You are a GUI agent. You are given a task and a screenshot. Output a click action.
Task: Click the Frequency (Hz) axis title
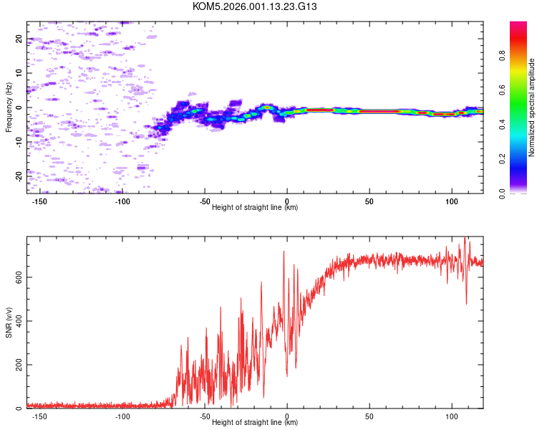pyautogui.click(x=9, y=107)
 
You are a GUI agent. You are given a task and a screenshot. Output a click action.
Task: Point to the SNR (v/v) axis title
pyautogui.click(x=9, y=322)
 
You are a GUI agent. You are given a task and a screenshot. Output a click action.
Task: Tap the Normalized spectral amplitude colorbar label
pyautogui.click(x=532, y=107)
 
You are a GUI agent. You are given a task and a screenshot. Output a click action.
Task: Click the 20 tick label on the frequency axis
pyautogui.click(x=19, y=39)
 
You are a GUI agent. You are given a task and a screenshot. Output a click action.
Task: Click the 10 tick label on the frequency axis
pyautogui.click(x=19, y=73)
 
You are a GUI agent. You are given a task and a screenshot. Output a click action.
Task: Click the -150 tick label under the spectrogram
pyautogui.click(x=40, y=201)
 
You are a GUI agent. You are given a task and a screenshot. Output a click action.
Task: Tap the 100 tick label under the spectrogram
pyautogui.click(x=451, y=201)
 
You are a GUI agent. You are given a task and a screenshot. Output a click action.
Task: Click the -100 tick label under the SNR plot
pyautogui.click(x=122, y=416)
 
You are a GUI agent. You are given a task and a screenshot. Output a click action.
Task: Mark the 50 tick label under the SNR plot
pyautogui.click(x=369, y=416)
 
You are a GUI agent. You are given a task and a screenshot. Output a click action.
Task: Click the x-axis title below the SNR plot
pyautogui.click(x=255, y=423)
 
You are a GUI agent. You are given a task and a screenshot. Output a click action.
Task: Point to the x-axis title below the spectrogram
pyautogui.click(x=255, y=208)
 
